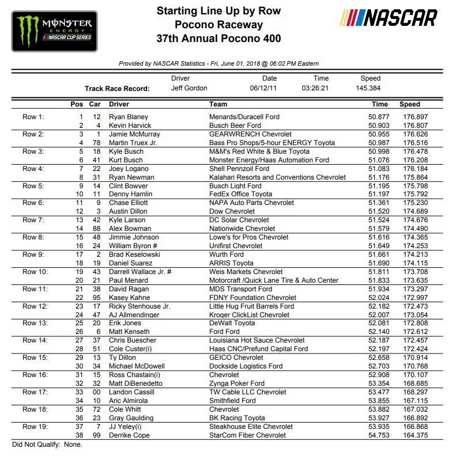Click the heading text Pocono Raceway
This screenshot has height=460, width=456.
tap(219, 25)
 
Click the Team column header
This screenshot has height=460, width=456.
tap(218, 104)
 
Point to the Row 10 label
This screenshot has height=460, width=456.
tap(35, 272)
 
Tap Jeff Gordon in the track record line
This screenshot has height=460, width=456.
tap(189, 89)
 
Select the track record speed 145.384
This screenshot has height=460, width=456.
tap(369, 89)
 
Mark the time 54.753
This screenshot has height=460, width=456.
tap(380, 435)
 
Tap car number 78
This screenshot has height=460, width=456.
tap(97, 143)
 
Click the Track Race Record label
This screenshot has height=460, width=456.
tap(117, 89)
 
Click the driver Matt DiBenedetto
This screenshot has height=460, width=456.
tap(135, 383)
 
